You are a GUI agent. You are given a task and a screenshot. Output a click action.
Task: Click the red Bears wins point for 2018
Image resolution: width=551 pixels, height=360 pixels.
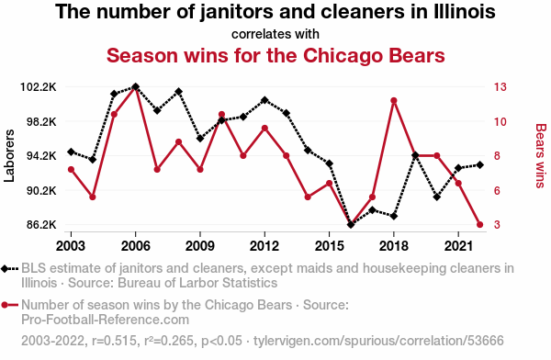coord(394,101)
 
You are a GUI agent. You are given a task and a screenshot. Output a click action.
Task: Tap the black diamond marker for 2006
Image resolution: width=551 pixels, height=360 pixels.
coord(136,87)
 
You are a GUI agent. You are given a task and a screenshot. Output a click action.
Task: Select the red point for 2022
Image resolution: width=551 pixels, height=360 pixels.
coord(479,225)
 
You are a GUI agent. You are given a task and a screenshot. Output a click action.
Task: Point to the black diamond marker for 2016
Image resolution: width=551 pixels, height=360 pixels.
coord(351,225)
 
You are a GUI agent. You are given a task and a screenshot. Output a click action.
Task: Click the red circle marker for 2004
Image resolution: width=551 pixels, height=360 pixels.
coord(93,197)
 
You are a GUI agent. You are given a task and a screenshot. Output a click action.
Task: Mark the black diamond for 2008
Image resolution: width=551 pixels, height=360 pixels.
coord(178,92)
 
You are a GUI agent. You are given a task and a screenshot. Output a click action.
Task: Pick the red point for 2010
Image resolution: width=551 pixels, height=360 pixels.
coord(221,115)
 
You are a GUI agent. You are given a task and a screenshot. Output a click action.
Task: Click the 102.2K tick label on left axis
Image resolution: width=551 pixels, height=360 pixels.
coord(39,87)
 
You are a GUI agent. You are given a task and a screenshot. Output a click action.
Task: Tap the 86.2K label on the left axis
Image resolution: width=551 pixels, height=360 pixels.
coord(41,225)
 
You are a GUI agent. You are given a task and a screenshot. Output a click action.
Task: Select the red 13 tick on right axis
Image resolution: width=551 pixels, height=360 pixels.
coord(500,87)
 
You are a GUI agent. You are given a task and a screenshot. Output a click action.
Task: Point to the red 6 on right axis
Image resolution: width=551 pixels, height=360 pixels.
coord(497,190)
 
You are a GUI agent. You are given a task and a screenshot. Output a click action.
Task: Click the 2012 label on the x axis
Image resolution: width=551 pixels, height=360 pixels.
coord(264,246)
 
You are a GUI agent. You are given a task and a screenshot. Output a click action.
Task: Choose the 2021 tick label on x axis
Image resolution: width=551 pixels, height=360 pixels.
coord(458,246)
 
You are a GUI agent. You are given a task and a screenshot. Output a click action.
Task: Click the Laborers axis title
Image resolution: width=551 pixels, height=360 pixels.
coord(9,156)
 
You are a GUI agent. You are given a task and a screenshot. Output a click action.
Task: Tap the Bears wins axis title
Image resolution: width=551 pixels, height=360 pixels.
coord(541,156)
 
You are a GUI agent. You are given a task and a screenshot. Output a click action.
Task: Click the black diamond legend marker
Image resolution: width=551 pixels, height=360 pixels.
coord(5,269)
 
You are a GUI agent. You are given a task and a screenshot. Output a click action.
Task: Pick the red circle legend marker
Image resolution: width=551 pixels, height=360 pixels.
coord(5,305)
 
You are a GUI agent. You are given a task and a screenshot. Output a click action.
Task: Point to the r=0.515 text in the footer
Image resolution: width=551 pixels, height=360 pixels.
coord(114,341)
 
